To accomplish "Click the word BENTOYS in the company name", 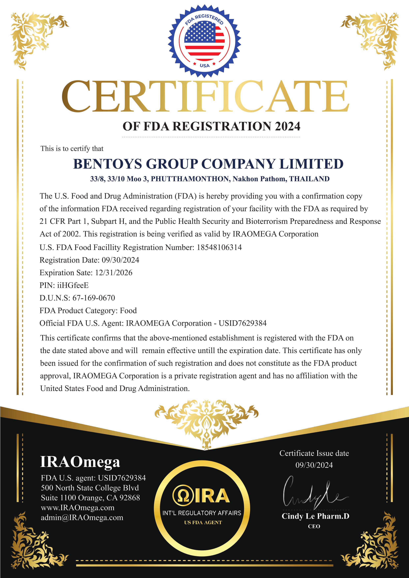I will point(107,164).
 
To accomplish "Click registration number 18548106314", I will point(219,247).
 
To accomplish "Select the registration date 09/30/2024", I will point(120,260).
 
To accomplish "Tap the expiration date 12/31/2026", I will point(114,273).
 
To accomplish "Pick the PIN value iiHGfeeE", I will point(73,285).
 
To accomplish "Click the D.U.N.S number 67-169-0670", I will point(94,298).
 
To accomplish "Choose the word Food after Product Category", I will point(128,310).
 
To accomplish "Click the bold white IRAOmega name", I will point(80,462).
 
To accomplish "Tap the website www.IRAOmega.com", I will point(78,508).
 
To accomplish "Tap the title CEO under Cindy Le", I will point(314,526).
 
